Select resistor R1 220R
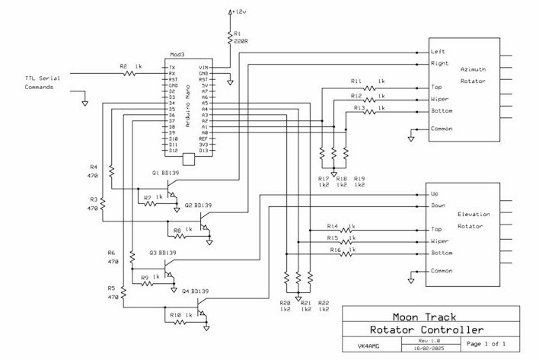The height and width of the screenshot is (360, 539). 231,39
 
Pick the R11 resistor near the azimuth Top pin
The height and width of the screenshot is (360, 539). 370,87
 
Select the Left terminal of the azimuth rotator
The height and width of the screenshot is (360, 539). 438,52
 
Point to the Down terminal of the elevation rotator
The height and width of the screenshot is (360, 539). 439,205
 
